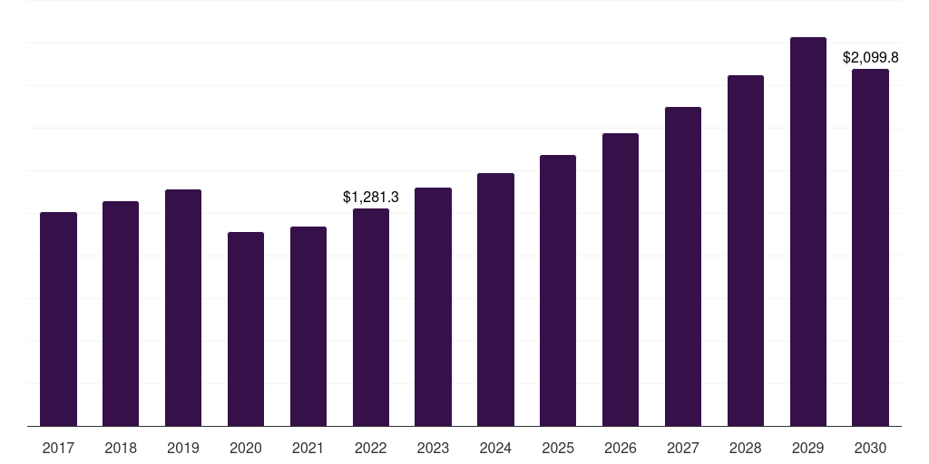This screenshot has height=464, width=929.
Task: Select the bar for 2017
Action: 58,319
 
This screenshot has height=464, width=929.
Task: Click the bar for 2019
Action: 183,308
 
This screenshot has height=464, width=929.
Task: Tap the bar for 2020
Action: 246,329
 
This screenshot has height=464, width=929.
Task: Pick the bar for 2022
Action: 371,317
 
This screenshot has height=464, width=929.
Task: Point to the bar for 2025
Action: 558,291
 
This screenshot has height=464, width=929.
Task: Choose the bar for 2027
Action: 683,266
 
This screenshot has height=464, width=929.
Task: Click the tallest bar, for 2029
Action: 808,231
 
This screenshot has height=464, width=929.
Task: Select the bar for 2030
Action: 870,247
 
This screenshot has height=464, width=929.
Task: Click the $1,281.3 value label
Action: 371,197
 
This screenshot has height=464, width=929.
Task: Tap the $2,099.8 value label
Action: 870,57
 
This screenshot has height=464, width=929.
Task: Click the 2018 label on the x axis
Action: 121,448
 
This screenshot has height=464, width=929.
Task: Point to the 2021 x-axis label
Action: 308,448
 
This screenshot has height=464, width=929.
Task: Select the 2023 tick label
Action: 433,448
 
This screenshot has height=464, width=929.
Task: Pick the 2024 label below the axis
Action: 495,448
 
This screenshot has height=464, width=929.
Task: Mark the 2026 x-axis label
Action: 621,448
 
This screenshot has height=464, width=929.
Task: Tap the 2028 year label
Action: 746,448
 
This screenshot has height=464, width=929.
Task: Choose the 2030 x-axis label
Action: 870,448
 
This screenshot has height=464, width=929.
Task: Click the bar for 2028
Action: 746,251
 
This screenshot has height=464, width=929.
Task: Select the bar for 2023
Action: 433,306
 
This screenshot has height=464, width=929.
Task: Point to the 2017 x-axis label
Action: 58,448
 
